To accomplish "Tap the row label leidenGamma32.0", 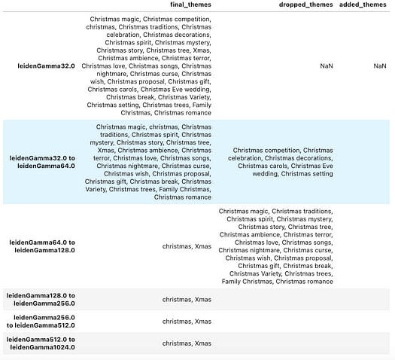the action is click(x=47, y=66).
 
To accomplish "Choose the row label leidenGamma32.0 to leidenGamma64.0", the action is click(x=42, y=162).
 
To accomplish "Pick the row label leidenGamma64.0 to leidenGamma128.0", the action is click(x=42, y=246).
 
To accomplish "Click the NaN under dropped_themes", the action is click(x=326, y=66).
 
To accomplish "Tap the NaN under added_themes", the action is click(x=380, y=66).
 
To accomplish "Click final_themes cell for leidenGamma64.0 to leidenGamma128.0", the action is click(x=187, y=246).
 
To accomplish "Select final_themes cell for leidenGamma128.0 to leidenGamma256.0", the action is click(x=187, y=299).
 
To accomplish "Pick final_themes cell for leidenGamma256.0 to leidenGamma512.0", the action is click(x=187, y=322).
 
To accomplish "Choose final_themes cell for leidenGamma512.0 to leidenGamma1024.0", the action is click(x=187, y=343).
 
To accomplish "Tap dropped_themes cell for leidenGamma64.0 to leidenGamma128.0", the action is click(x=275, y=246).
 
